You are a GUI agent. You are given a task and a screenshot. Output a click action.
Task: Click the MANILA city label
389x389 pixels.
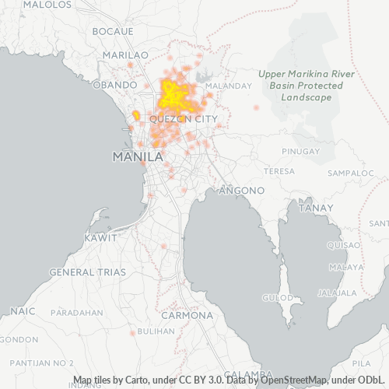[x=138, y=156]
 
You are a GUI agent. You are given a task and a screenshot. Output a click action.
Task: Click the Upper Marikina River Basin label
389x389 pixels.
[x=300, y=86]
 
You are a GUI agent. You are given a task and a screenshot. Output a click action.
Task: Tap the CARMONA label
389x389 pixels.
[x=187, y=316]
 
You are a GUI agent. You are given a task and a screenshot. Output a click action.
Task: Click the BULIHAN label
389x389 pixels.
[x=156, y=331]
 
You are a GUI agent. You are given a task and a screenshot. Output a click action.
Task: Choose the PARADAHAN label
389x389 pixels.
[x=77, y=312]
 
